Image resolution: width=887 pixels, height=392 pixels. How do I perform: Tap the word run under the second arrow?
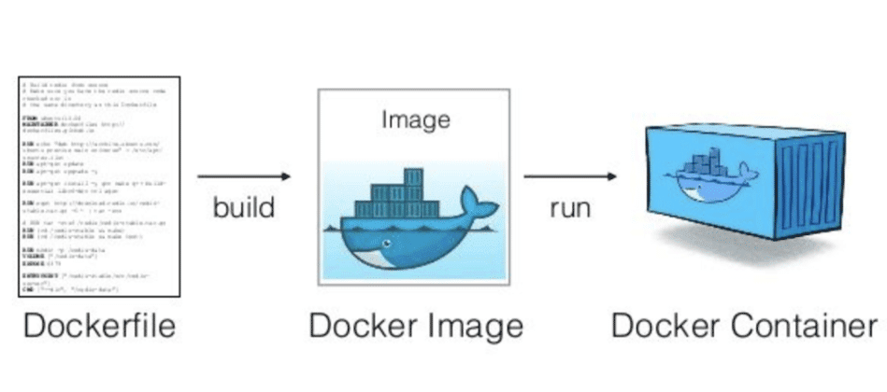[569, 206]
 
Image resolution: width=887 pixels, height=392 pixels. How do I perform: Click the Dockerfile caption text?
[99, 327]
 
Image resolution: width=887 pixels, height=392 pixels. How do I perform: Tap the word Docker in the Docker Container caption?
[659, 327]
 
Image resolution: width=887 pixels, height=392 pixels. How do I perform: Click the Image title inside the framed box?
[416, 119]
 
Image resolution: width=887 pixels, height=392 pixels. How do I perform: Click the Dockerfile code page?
[99, 187]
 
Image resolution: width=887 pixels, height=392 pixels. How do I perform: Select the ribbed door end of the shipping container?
[811, 187]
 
